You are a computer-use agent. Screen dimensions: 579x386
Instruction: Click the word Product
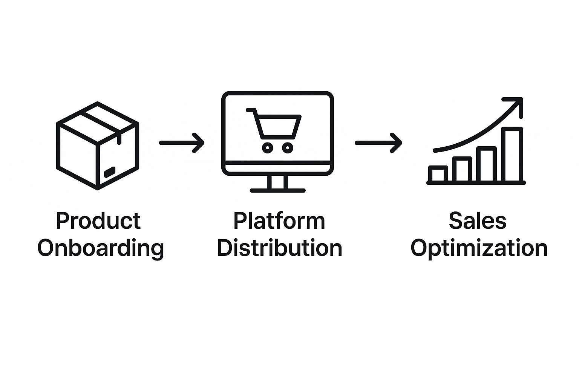pos(98,221)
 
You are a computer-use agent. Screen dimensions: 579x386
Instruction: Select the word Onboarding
pos(101,248)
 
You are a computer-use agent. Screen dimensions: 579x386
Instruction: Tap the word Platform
pos(279,221)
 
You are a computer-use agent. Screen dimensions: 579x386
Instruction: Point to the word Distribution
pos(280,248)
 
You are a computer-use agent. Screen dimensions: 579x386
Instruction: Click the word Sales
pos(478,221)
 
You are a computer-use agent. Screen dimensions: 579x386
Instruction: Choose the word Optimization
pos(479,248)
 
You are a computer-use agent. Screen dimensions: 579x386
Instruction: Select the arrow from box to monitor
pos(182,143)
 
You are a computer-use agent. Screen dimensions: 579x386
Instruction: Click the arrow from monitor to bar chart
pos(378,143)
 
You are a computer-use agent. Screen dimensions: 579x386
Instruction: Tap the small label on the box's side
pos(110,172)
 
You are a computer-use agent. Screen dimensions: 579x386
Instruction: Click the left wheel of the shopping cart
pos(268,148)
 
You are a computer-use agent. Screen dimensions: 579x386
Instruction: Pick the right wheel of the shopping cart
pos(288,148)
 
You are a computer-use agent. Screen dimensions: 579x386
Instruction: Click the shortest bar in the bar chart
pos(438,174)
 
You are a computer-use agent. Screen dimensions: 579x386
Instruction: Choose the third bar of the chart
pos(487,164)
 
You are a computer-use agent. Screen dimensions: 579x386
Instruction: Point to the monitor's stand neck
pos(277,182)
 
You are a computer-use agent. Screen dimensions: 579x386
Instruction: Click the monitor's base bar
pos(277,191)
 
